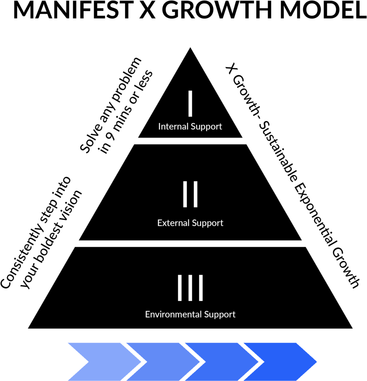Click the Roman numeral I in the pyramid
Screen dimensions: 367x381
pyautogui.click(x=190, y=103)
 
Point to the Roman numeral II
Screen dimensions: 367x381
pyautogui.click(x=190, y=194)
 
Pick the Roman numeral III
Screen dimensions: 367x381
pyautogui.click(x=190, y=288)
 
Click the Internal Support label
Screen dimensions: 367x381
pyautogui.click(x=190, y=127)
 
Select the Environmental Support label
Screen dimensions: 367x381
pyautogui.click(x=190, y=315)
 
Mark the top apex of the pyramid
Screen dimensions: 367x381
pyautogui.click(x=190, y=48)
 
